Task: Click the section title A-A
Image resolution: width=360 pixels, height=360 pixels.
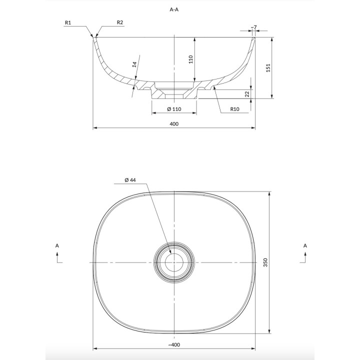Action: tap(174, 9)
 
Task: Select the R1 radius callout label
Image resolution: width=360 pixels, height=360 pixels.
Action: tap(68, 22)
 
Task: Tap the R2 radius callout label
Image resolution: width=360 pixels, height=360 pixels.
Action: tap(120, 22)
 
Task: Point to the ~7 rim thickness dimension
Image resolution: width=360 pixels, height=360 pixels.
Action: tap(253, 27)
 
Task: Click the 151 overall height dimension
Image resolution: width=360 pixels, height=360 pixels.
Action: tap(268, 68)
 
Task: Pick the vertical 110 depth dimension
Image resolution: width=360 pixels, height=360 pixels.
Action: tap(191, 59)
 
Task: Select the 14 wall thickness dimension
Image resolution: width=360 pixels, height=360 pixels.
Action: tap(135, 64)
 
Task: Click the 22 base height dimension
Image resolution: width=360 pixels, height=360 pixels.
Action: tap(247, 94)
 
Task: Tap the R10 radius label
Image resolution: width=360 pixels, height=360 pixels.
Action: tap(234, 109)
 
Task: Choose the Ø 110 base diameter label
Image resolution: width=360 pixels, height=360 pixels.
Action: tap(174, 109)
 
